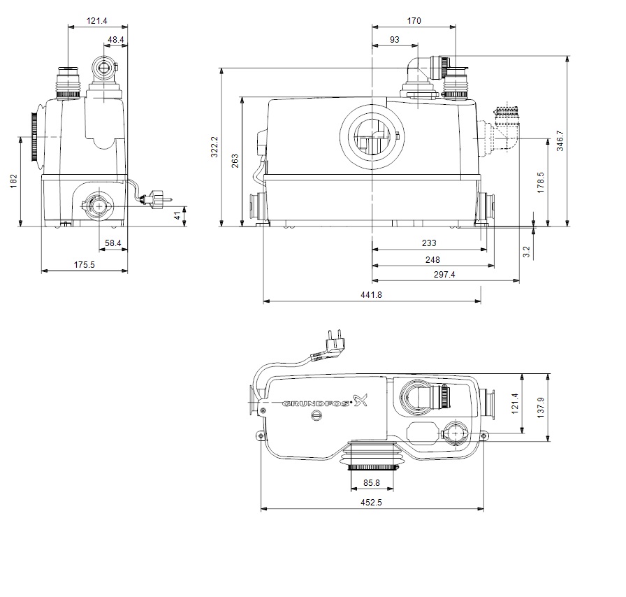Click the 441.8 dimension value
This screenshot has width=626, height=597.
pos(371,295)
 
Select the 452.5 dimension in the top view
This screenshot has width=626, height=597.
pos(370,501)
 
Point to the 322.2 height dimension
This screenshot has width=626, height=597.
pos(214,148)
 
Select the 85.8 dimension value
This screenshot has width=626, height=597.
pos(371,482)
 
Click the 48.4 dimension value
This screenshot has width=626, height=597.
pos(116,40)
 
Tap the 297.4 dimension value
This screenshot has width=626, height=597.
pos(443,275)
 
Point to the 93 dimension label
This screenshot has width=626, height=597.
pos(395,40)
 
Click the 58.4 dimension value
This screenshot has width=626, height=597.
pos(113,243)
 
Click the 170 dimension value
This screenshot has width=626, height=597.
pos(414,21)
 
